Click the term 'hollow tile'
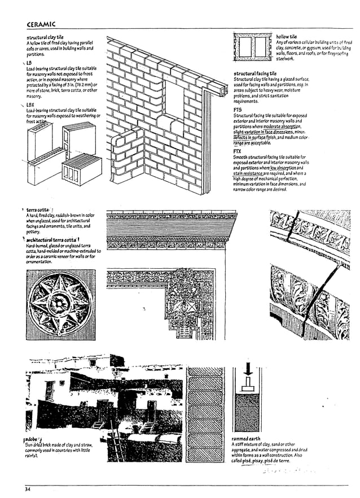[286, 37]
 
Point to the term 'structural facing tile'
[255, 73]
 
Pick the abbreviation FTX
[238, 151]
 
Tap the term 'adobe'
[32, 439]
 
